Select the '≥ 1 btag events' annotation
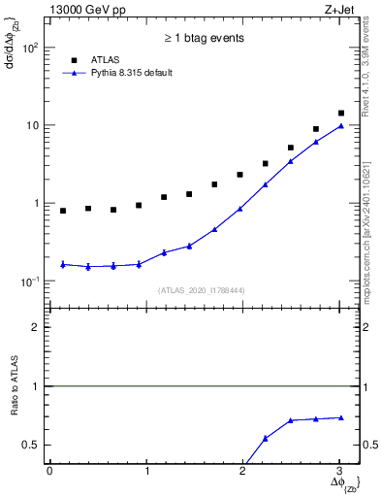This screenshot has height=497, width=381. click(x=204, y=38)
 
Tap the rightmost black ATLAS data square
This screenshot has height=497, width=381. click(x=340, y=114)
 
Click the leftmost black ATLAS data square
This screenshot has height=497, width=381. click(x=63, y=211)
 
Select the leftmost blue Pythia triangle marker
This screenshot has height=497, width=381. click(x=63, y=264)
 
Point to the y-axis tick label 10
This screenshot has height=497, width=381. click(x=32, y=126)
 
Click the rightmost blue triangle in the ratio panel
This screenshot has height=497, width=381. click(x=340, y=417)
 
